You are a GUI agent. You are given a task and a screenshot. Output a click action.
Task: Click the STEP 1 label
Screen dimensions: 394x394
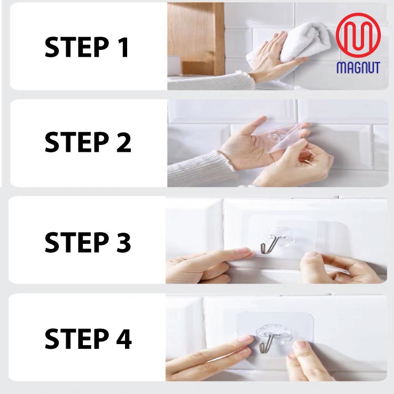pyautogui.click(x=87, y=47)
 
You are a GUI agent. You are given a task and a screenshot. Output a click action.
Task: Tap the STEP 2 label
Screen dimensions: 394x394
pyautogui.click(x=88, y=142)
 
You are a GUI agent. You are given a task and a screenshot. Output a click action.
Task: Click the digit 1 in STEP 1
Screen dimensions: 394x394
pyautogui.click(x=123, y=47)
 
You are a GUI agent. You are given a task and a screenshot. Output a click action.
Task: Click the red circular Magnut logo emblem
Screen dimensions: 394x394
pyautogui.click(x=358, y=35)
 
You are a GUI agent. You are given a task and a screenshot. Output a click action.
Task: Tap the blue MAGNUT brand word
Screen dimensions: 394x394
pyautogui.click(x=358, y=67)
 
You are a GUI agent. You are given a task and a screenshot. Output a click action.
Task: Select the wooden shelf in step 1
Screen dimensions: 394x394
pyautogui.click(x=196, y=38)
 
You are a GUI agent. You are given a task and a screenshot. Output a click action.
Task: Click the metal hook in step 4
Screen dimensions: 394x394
pyautogui.click(x=266, y=343)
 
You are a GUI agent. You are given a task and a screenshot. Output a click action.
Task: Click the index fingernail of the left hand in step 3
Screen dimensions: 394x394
pyautogui.click(x=243, y=251)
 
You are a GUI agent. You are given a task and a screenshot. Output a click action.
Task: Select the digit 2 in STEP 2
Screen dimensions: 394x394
pyautogui.click(x=123, y=142)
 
